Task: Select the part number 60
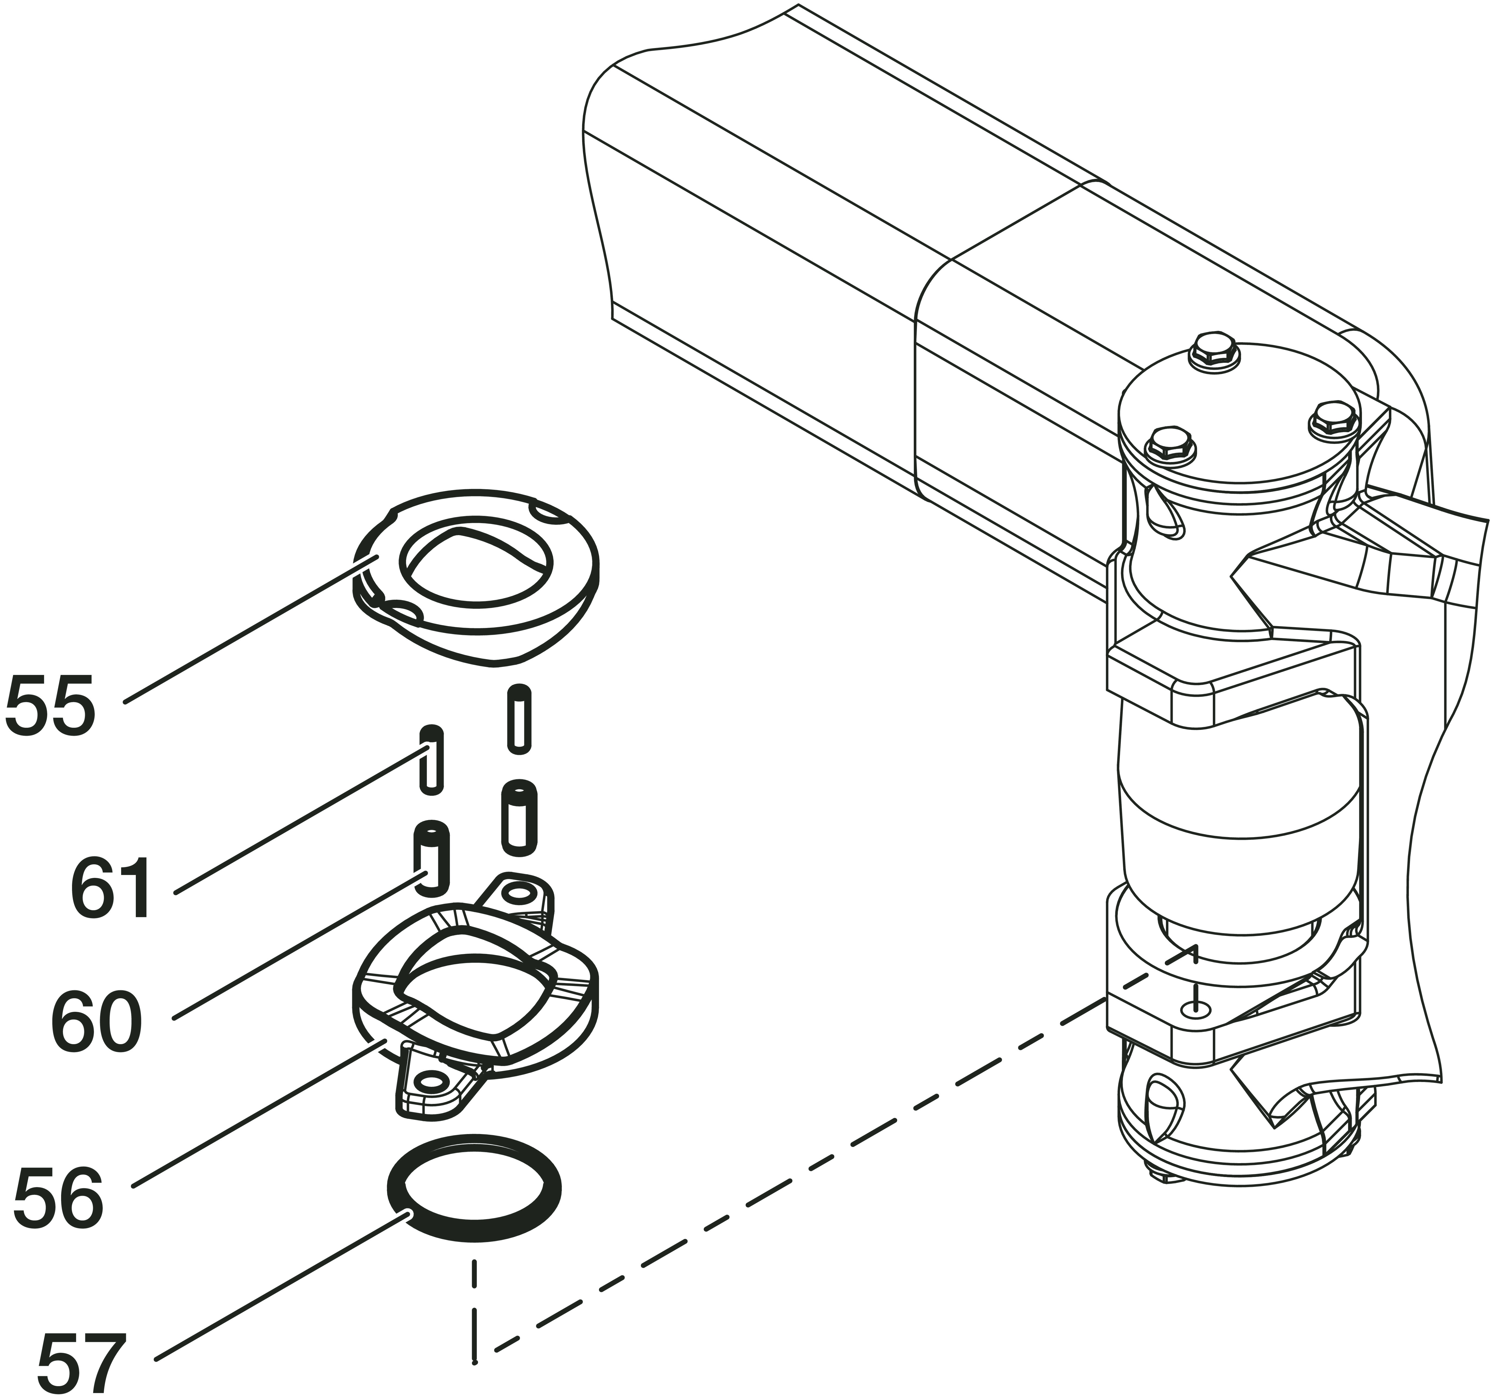pos(96,1024)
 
